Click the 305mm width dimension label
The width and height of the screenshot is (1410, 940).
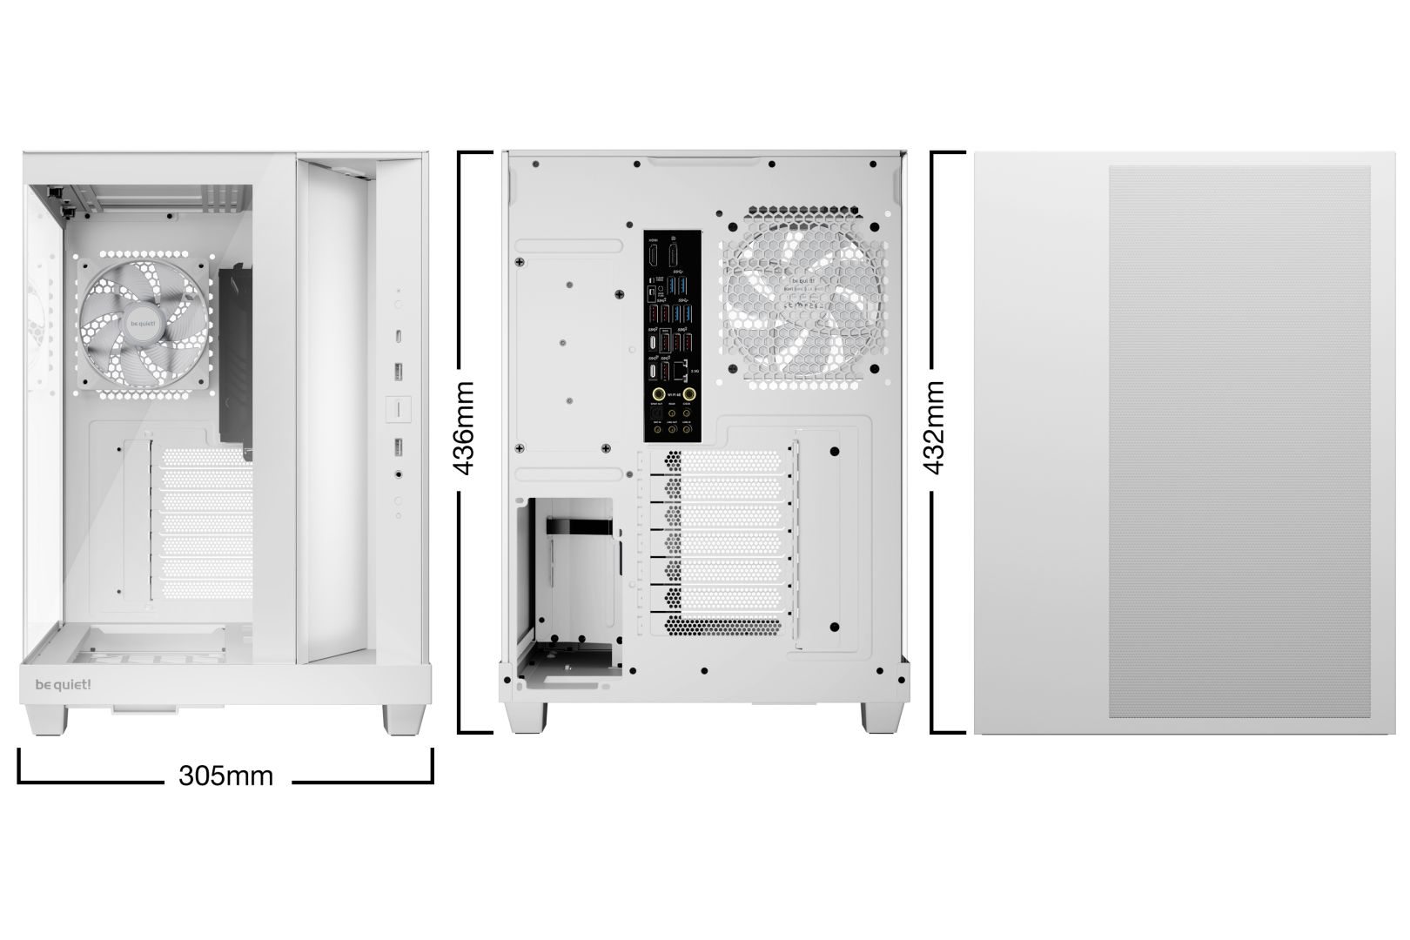pos(225,775)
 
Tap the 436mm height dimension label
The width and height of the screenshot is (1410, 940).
pos(466,427)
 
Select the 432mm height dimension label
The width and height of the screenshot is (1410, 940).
pos(936,427)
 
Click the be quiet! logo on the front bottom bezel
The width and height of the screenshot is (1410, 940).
pos(63,684)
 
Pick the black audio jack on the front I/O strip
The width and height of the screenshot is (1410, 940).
pos(399,475)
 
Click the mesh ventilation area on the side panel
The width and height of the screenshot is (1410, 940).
pos(1239,442)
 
